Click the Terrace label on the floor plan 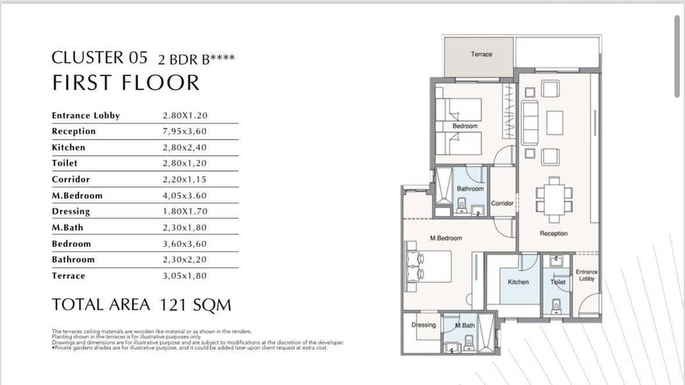[481, 54]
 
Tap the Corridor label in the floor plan [502, 203]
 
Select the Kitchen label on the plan [518, 282]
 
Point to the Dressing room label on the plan [423, 325]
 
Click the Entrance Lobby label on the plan [587, 275]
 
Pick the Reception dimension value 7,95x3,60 [185, 131]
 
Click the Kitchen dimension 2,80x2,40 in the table [185, 147]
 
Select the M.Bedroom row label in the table [77, 195]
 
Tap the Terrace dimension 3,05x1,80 [185, 276]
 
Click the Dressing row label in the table [71, 211]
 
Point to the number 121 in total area [173, 305]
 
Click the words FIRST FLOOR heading [126, 83]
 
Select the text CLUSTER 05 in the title [100, 58]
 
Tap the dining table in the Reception [555, 199]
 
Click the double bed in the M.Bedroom [429, 266]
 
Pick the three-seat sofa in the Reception [530, 123]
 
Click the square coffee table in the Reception [555, 123]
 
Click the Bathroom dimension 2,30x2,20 [185, 260]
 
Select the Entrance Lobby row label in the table [85, 115]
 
